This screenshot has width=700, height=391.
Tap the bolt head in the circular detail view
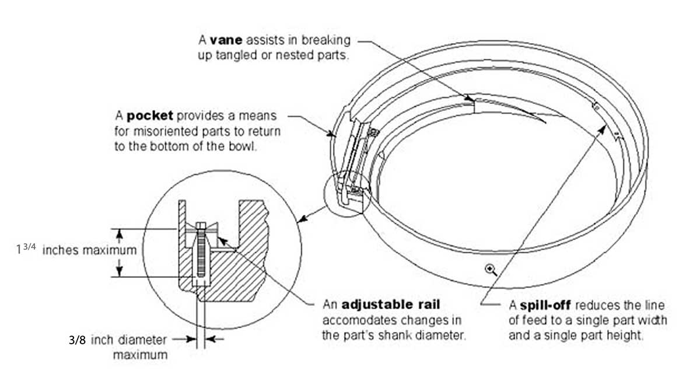point(201,225)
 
